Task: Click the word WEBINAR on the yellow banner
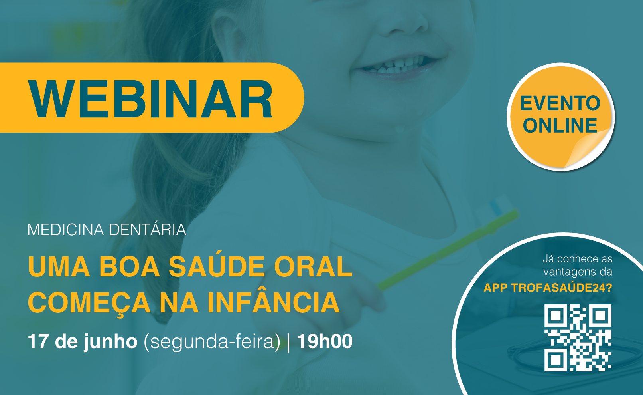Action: click(x=150, y=99)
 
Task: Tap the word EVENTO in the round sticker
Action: click(x=560, y=103)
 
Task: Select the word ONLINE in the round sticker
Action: click(x=560, y=125)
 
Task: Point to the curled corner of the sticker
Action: click(x=588, y=148)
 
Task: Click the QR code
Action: click(x=578, y=337)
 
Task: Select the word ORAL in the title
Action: click(x=313, y=266)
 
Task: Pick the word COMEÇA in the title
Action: click(x=89, y=304)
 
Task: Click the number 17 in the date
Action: click(x=38, y=341)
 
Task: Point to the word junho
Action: click(x=110, y=342)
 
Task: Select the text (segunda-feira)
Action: click(x=212, y=342)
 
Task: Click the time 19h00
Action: click(x=325, y=341)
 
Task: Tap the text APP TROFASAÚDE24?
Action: click(x=548, y=288)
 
